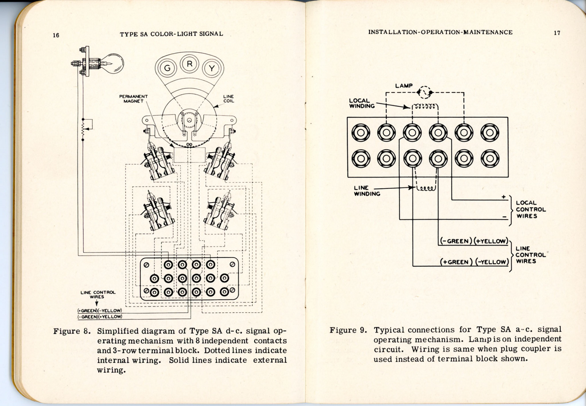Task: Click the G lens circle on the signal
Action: point(167,68)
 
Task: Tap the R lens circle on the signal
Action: point(190,64)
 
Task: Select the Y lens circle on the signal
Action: point(212,68)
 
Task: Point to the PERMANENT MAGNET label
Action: point(133,99)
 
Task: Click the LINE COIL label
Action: point(229,99)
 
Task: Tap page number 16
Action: point(56,35)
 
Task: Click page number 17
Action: point(557,33)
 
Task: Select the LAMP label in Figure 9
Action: point(404,86)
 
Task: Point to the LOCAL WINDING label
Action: point(362,103)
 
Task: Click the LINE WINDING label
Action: point(367,191)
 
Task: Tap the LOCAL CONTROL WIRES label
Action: point(531,209)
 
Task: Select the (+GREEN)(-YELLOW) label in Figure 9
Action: point(474,262)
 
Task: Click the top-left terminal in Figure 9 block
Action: point(360,133)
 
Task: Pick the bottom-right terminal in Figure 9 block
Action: point(490,159)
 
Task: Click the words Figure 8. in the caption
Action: point(72,331)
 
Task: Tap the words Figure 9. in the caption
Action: point(348,330)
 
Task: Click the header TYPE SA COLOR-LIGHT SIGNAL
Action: point(171,34)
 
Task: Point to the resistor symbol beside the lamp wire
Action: point(83,129)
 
